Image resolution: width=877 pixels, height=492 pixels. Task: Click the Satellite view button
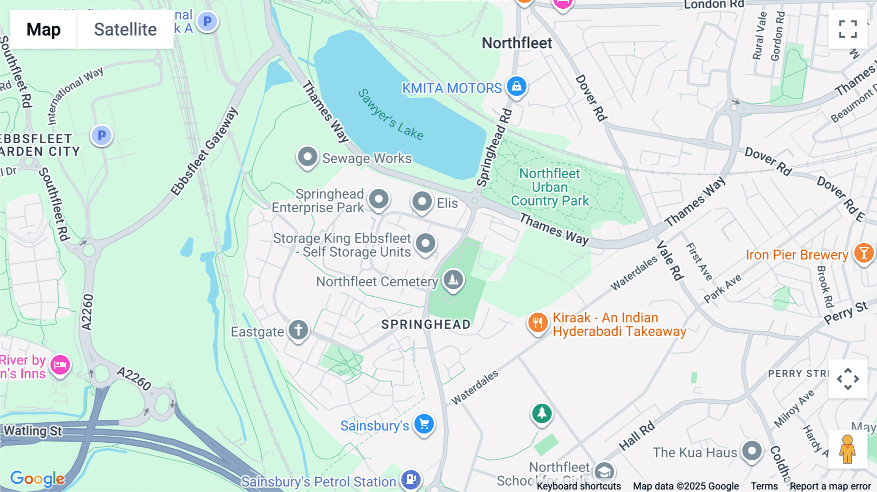tap(125, 29)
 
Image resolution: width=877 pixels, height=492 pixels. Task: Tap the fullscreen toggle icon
tap(848, 29)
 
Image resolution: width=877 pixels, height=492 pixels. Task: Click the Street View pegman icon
tap(847, 449)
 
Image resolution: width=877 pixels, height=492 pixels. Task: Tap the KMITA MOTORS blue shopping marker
tap(516, 87)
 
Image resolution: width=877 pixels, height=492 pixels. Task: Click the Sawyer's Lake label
tap(390, 114)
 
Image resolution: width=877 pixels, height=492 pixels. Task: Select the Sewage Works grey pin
tap(307, 157)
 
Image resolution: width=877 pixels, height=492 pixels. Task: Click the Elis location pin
tap(422, 202)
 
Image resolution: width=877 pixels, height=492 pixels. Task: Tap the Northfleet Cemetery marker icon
tap(453, 280)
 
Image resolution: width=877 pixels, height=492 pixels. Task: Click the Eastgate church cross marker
tap(298, 330)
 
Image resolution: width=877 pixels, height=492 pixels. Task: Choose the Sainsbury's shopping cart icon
tap(424, 424)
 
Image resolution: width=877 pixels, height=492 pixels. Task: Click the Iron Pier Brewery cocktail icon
tap(863, 253)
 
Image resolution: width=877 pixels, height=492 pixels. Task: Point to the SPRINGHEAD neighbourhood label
tap(426, 324)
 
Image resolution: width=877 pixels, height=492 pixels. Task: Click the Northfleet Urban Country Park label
tap(550, 187)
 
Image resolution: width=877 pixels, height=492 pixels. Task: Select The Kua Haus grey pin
tap(752, 451)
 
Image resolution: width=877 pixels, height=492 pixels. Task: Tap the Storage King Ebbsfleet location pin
tap(425, 243)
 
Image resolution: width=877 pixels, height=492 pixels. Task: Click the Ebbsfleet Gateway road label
tap(204, 151)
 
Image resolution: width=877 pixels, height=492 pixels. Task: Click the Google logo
tap(37, 478)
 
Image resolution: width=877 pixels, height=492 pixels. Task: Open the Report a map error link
tap(830, 486)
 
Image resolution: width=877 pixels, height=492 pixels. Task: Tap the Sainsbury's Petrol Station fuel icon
tap(411, 479)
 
